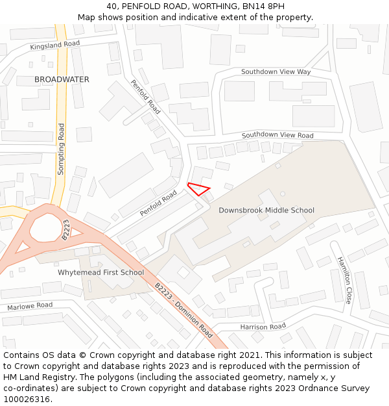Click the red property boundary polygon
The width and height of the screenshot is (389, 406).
click(199, 189)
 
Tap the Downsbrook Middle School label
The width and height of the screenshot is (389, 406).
click(266, 210)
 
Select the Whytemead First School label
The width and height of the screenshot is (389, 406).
click(100, 273)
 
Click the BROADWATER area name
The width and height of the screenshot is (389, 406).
click(62, 79)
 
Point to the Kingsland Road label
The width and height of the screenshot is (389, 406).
click(54, 45)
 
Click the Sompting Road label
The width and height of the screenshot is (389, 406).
click(62, 149)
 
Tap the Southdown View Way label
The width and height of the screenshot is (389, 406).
click(276, 71)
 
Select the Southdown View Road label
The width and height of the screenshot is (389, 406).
click(277, 135)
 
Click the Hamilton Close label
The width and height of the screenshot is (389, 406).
click(344, 280)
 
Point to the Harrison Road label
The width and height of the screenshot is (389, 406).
click(263, 326)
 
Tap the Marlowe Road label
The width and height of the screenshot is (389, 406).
click(30, 305)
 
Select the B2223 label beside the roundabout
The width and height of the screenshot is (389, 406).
click(65, 229)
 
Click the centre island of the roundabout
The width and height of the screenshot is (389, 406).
click(43, 228)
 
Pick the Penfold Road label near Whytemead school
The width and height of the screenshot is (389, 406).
click(158, 203)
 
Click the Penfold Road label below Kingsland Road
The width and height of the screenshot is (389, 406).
click(145, 97)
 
